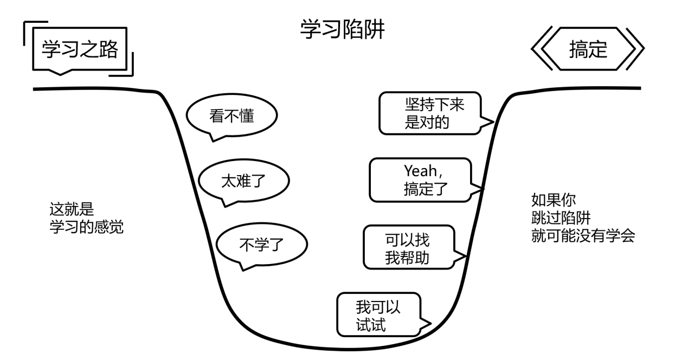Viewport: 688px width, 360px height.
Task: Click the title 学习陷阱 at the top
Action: [342, 30]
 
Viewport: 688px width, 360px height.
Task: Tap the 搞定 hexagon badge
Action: [588, 49]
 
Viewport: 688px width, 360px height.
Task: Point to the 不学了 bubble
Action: [261, 244]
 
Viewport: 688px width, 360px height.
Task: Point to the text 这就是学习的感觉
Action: [86, 218]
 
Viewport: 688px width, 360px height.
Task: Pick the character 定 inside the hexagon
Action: [598, 49]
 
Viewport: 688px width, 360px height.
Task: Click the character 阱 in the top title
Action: [374, 30]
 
